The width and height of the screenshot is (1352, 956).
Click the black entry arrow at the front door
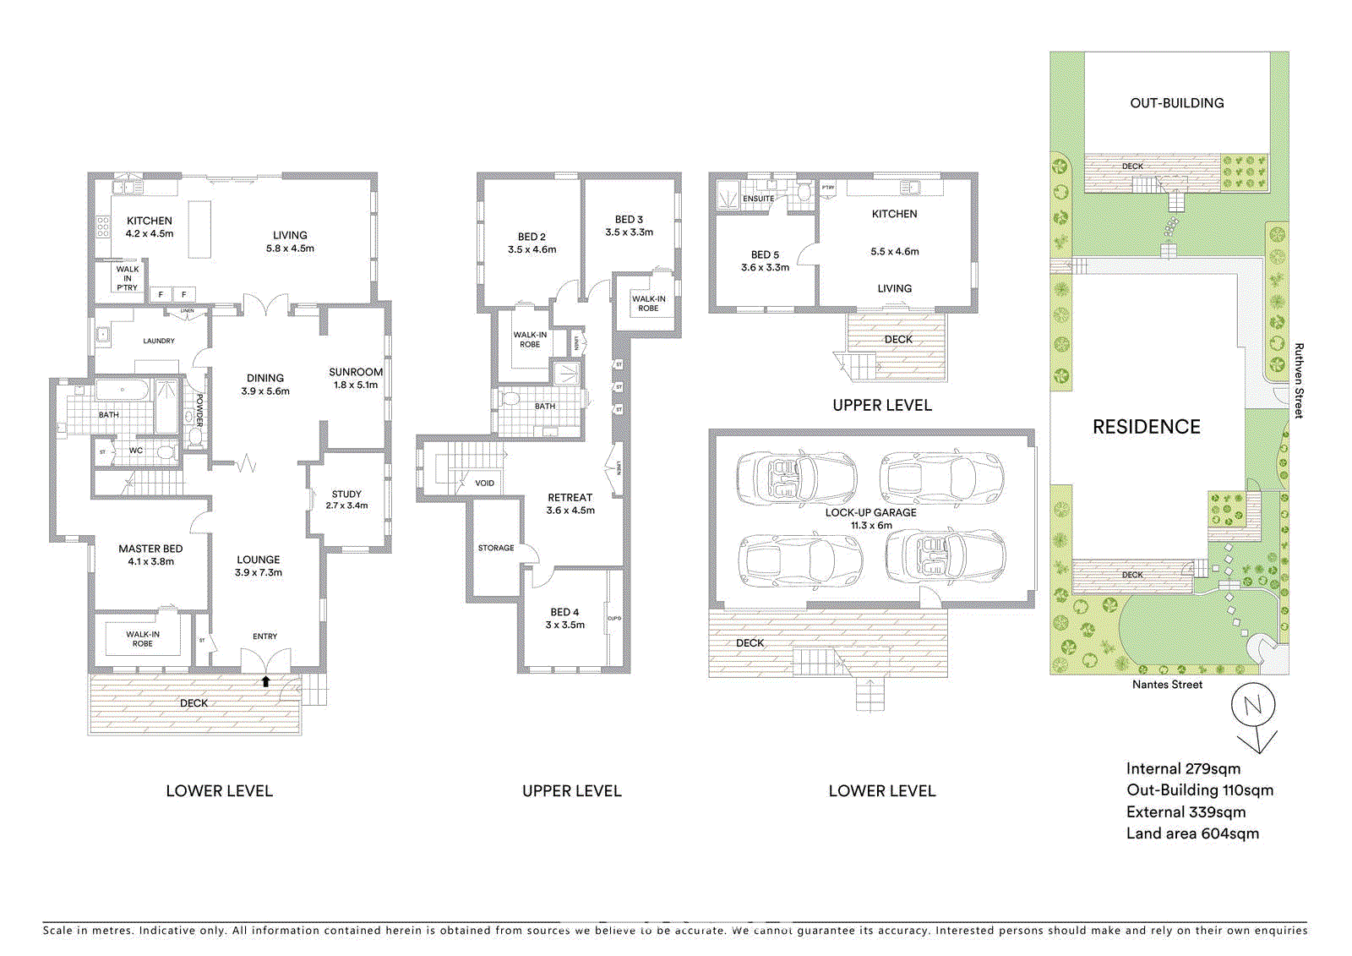click(x=265, y=681)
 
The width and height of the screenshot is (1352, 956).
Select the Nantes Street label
click(x=1167, y=685)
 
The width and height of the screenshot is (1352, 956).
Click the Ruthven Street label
click(x=1299, y=380)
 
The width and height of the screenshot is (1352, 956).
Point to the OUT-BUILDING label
click(x=1176, y=103)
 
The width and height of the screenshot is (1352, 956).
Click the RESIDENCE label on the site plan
click(x=1146, y=427)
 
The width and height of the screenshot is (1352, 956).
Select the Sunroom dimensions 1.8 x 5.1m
click(x=356, y=385)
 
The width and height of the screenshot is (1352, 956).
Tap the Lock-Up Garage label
click(x=870, y=512)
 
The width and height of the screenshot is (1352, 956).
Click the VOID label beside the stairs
click(x=484, y=483)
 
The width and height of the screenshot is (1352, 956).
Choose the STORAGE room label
click(x=496, y=548)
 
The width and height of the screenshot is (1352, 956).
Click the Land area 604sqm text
click(x=1192, y=833)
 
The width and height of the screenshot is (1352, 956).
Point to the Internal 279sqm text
click(x=1183, y=768)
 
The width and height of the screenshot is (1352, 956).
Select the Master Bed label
click(x=150, y=549)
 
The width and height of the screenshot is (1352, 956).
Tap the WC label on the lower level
click(x=136, y=451)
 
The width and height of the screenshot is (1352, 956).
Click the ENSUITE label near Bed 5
click(x=758, y=199)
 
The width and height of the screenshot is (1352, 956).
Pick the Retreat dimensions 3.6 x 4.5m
click(x=570, y=511)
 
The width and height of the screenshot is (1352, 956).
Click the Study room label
click(x=346, y=494)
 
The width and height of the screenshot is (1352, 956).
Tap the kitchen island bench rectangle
click(x=199, y=229)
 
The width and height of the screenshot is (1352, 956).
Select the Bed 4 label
click(x=564, y=612)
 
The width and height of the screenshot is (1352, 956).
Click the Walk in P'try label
click(x=128, y=278)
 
